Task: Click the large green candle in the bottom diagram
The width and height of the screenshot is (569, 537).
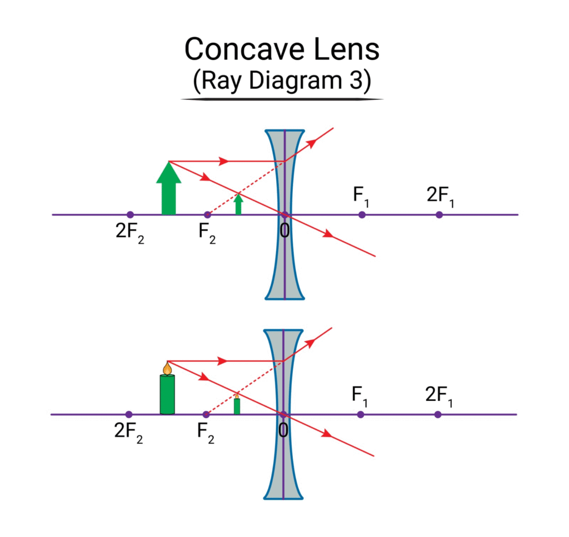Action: click(x=167, y=394)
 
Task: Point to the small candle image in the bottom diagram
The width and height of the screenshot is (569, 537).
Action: click(x=237, y=405)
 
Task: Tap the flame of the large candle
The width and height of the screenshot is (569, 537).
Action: click(x=167, y=368)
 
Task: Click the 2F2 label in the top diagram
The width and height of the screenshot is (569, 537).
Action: click(x=129, y=231)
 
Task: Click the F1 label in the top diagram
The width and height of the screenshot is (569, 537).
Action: click(x=361, y=195)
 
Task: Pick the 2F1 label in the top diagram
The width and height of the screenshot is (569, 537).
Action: click(x=440, y=195)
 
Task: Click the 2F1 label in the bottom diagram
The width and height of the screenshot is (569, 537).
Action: click(x=438, y=395)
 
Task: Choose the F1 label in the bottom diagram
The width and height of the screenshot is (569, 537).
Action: click(x=360, y=395)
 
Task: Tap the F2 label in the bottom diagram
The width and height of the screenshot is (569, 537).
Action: click(x=206, y=431)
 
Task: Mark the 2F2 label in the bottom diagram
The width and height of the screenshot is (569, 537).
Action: click(x=128, y=431)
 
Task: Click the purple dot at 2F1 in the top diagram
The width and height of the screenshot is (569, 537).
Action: click(x=439, y=214)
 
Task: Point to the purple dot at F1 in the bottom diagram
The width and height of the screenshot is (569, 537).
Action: click(x=361, y=414)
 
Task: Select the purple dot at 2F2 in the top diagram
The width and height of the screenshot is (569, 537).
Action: click(x=130, y=214)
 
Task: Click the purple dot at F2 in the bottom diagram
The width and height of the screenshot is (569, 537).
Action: click(x=206, y=414)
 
